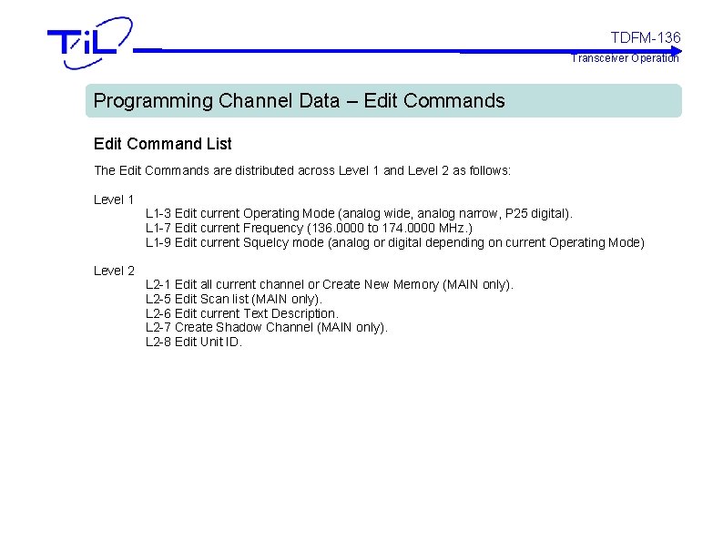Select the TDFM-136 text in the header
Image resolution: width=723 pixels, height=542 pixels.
[645, 37]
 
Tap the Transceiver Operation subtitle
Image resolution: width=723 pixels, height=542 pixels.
[625, 58]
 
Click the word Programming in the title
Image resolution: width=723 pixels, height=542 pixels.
[153, 101]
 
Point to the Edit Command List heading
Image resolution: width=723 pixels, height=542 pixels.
[163, 144]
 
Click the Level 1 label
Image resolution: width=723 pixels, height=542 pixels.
[114, 199]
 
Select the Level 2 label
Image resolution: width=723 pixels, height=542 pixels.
[114, 271]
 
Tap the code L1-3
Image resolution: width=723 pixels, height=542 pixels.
[158, 213]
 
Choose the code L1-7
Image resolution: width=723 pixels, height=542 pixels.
[158, 228]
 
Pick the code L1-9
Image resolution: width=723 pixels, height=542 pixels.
[158, 242]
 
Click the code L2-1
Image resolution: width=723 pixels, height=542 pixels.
[158, 284]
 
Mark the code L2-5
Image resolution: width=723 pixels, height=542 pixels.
[158, 299]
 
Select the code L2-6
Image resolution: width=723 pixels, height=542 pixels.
[158, 313]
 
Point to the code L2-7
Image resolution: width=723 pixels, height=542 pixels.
[158, 327]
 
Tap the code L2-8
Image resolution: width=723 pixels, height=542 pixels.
[158, 342]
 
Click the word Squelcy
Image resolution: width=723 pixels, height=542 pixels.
[269, 242]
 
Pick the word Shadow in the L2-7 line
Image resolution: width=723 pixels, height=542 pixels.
[237, 327]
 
